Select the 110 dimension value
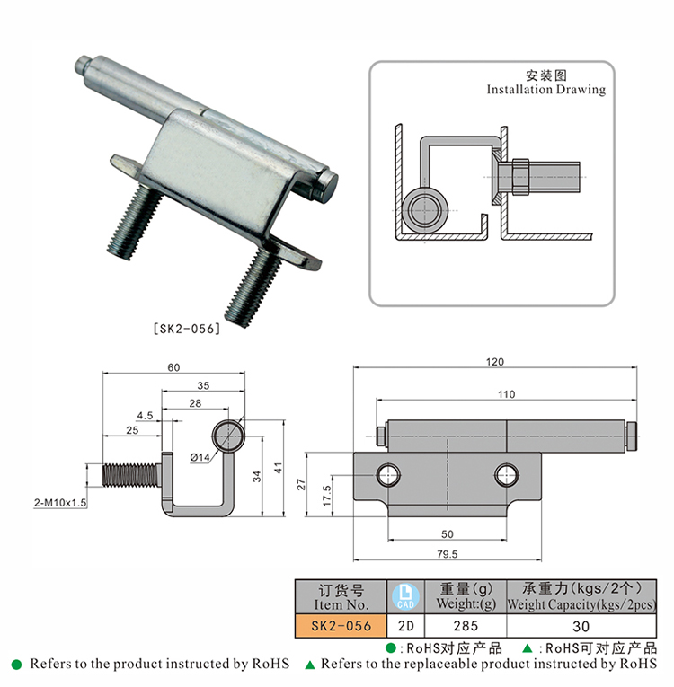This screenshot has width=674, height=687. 510,394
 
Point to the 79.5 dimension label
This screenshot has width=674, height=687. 446,553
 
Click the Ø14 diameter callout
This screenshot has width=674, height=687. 200,459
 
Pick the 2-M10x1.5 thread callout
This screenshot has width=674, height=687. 59,503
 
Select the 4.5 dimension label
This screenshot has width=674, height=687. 145,416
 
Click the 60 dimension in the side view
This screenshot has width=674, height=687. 173,366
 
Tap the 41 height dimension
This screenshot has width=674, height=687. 279,468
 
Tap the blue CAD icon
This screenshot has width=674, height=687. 405,595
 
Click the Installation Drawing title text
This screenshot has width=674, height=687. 545,90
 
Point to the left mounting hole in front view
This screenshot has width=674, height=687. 389,473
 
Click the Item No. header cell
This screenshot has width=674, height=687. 341,595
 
